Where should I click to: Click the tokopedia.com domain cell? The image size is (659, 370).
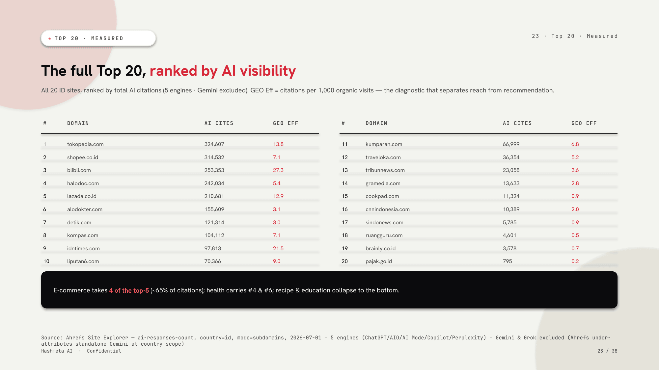click(x=85, y=144)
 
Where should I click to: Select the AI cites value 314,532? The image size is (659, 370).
click(x=214, y=157)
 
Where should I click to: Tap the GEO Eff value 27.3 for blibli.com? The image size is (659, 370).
click(x=278, y=170)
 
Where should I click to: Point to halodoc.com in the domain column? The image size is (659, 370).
click(x=83, y=183)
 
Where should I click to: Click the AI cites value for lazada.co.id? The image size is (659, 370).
click(x=214, y=196)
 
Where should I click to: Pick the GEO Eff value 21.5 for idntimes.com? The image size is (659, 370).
click(x=278, y=248)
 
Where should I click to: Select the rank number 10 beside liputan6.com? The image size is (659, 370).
click(x=46, y=261)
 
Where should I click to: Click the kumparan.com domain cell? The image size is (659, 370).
click(x=384, y=144)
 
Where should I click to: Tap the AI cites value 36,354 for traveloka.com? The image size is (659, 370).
click(x=511, y=157)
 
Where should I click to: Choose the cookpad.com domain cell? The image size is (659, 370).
click(x=382, y=196)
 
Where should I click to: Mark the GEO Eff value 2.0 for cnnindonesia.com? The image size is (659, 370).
click(x=575, y=209)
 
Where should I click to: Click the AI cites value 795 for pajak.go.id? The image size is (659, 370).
click(x=508, y=261)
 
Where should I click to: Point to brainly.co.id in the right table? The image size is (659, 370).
click(x=381, y=248)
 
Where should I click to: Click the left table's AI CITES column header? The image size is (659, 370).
click(x=219, y=123)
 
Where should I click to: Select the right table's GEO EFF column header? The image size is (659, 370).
click(x=584, y=123)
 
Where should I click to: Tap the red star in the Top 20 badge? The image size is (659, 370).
click(x=50, y=38)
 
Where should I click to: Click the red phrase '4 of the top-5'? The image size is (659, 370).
click(x=129, y=290)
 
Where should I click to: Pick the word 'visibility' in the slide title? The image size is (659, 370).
click(x=268, y=71)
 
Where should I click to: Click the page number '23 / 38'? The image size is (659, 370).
click(x=607, y=351)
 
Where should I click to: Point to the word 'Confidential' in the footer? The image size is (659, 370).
click(x=104, y=351)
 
